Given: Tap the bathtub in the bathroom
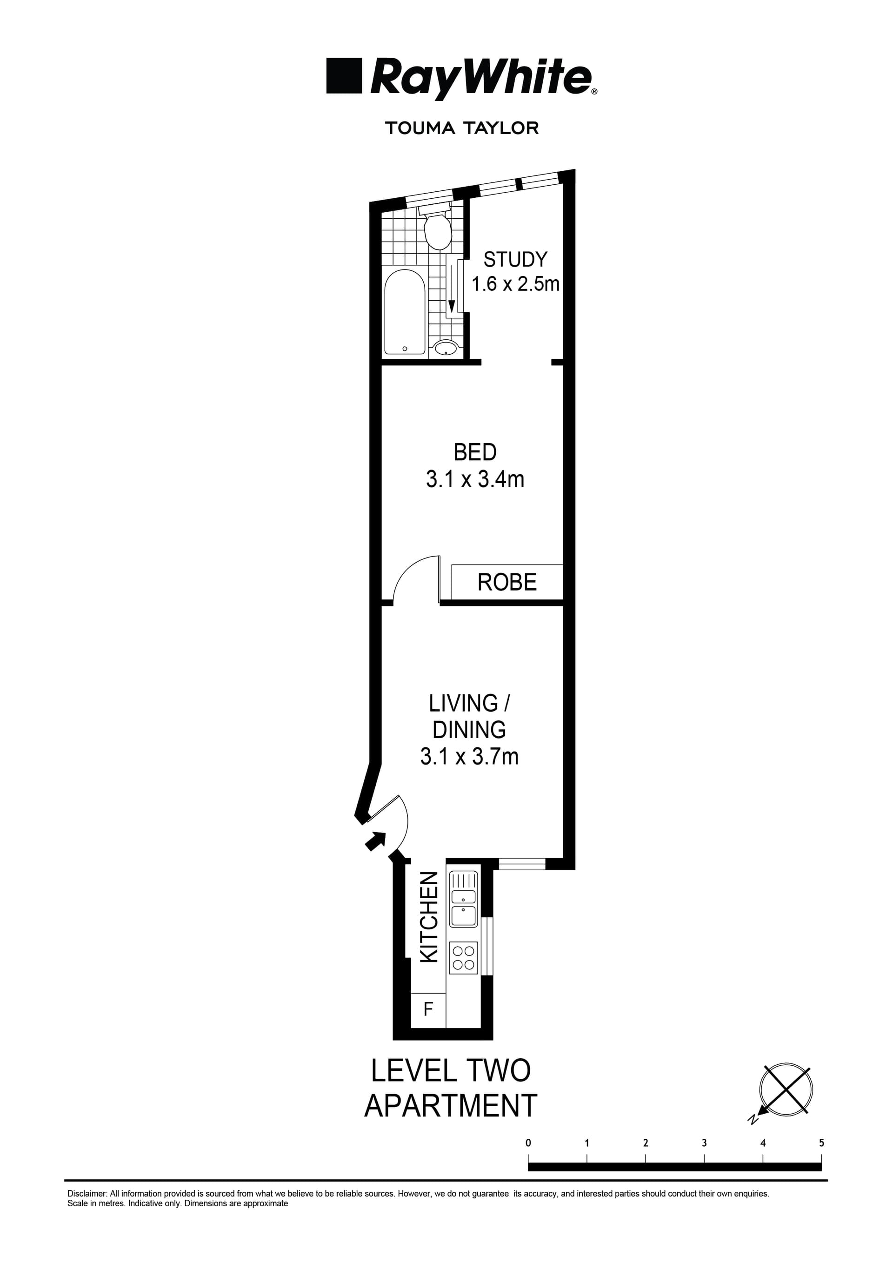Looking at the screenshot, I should click(405, 312).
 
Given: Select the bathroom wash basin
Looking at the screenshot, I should click(446, 347).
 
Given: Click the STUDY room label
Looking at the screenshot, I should click(515, 259).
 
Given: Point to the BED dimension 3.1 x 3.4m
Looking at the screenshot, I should click(475, 479).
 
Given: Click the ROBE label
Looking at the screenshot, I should click(507, 583).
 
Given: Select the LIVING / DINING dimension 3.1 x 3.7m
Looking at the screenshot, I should click(469, 756).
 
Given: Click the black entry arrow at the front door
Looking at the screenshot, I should click(375, 840).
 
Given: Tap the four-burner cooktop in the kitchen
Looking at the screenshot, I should click(463, 957).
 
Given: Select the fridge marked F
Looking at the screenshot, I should click(428, 1009).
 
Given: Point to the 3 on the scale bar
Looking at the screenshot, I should click(704, 1143).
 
